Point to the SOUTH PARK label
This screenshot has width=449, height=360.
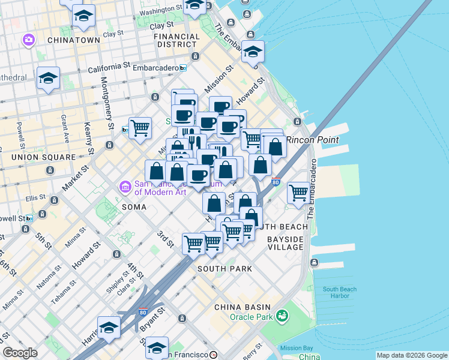224,269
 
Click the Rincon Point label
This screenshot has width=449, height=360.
312,140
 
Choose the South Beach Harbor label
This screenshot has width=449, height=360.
340,293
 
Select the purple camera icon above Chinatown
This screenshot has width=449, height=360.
28,40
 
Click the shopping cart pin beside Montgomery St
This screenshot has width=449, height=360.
140,128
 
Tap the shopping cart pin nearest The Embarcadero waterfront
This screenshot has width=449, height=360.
298,193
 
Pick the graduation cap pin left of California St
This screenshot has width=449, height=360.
48,78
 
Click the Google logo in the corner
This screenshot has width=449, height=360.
20,353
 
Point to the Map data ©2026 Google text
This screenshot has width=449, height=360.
411,355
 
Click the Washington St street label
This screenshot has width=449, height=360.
161,10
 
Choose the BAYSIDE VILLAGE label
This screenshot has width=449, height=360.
286,243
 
